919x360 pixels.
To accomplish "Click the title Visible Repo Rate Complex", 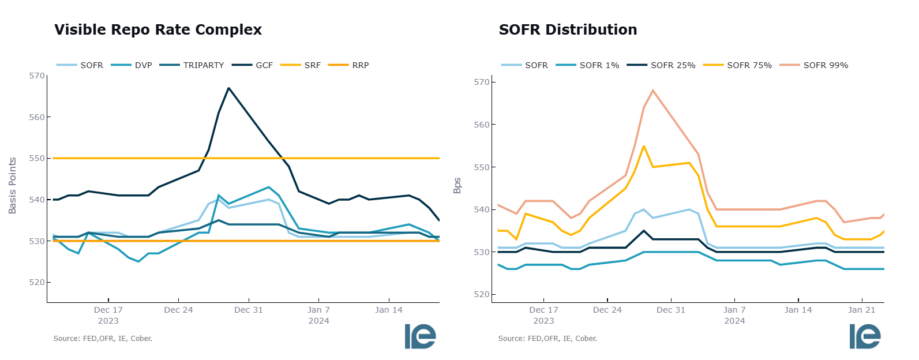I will pyautogui.click(x=158, y=30).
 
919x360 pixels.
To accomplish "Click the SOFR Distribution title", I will pyautogui.click(x=568, y=30).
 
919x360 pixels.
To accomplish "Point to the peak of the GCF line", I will pyautogui.click(x=228, y=88).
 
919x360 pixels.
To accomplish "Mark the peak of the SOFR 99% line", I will pyautogui.click(x=652, y=90).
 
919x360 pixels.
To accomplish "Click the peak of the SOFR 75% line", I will pyautogui.click(x=643, y=145).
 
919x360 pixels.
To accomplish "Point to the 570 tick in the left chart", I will pyautogui.click(x=36, y=76).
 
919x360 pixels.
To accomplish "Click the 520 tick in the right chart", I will pyautogui.click(x=481, y=295).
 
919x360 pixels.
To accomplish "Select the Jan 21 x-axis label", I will pyautogui.click(x=861, y=310).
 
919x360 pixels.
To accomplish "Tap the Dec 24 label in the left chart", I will pyautogui.click(x=178, y=310).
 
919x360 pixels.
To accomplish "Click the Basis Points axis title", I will pyautogui.click(x=13, y=186).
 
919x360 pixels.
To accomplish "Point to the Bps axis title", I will pyautogui.click(x=457, y=186).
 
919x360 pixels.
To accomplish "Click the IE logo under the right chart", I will pyautogui.click(x=864, y=336).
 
